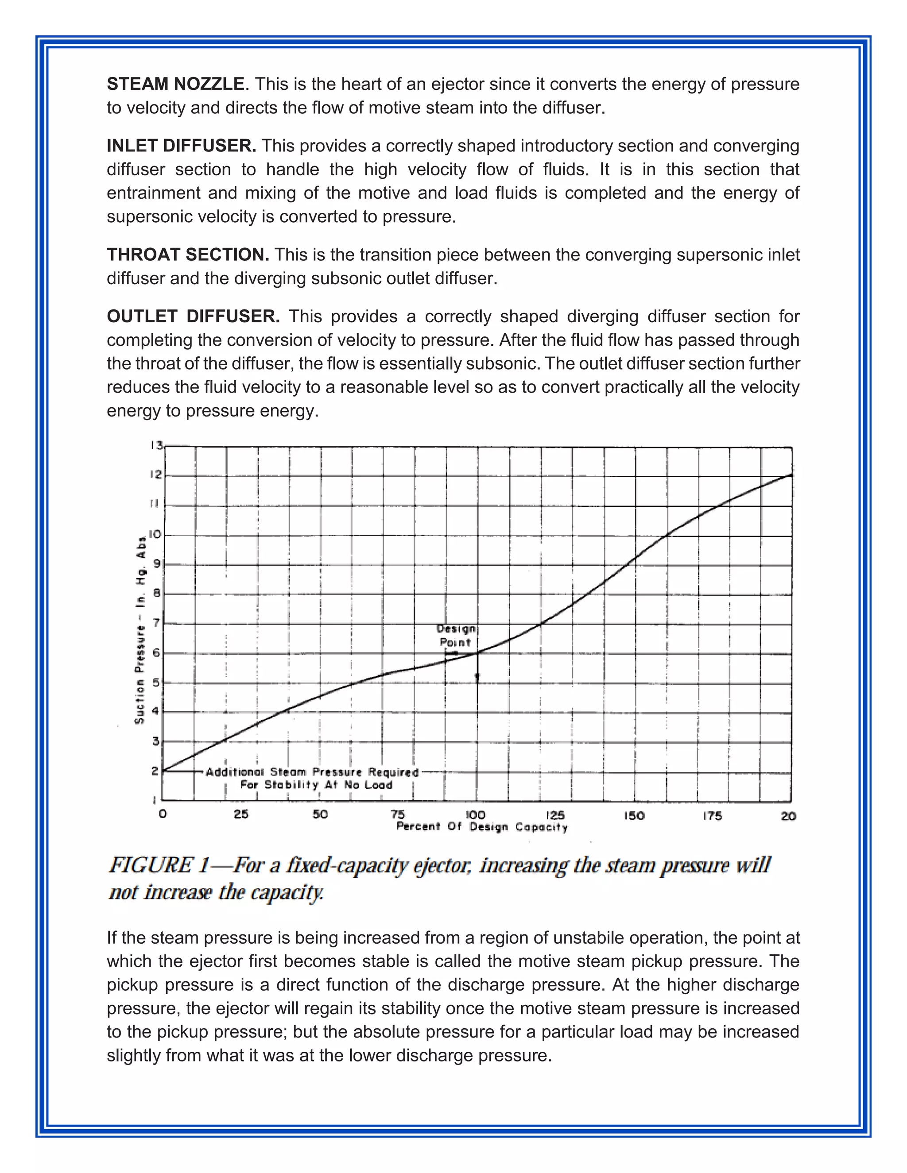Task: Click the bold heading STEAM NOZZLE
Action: (175, 84)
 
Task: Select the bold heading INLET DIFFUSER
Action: (181, 146)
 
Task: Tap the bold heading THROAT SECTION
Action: (187, 255)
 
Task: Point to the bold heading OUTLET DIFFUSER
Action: (193, 316)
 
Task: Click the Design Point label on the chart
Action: (456, 635)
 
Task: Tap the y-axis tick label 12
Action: (156, 475)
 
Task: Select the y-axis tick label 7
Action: (157, 623)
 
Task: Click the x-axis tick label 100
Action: (475, 815)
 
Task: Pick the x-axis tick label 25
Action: (241, 814)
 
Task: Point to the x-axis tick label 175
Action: (712, 816)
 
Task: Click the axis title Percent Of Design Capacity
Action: (482, 827)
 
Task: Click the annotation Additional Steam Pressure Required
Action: (312, 772)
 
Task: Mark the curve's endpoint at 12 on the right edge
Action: (791, 475)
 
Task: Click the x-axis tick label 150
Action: (634, 816)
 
